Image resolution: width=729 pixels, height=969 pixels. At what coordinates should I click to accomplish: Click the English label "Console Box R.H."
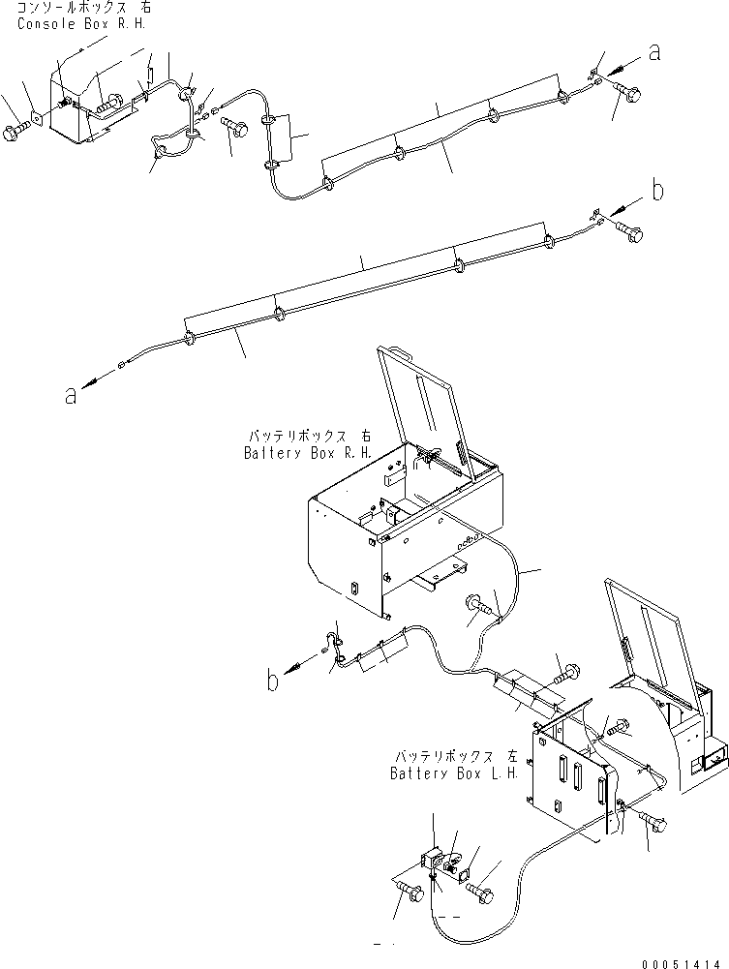(x=81, y=22)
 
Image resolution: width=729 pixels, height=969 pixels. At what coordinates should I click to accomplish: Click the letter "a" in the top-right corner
(x=654, y=53)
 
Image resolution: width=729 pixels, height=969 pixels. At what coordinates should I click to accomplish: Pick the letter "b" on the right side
(x=657, y=191)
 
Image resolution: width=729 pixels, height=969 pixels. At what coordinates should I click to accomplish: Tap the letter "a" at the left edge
(x=71, y=394)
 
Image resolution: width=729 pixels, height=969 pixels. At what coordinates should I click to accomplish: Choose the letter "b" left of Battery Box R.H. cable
(x=275, y=681)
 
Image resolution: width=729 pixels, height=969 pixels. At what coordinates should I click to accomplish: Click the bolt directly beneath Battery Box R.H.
(x=479, y=605)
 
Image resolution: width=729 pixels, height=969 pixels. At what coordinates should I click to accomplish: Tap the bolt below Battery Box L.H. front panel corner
(x=654, y=820)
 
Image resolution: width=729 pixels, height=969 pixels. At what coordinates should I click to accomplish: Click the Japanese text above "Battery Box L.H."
(x=456, y=755)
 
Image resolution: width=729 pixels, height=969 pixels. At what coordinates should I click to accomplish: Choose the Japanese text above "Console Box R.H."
(x=81, y=7)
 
